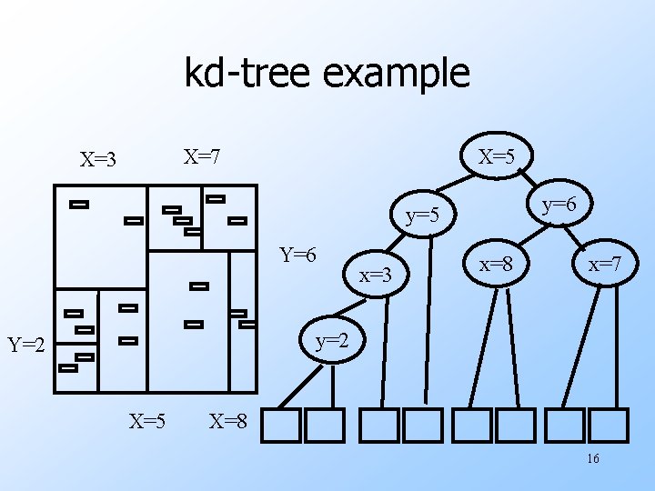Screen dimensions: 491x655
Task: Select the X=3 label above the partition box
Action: tap(98, 161)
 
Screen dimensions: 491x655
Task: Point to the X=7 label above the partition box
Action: tap(202, 156)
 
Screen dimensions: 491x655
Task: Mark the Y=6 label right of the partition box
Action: tap(297, 254)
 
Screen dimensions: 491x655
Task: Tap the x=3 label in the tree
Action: tap(375, 274)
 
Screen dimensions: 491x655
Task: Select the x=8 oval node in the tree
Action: tap(497, 265)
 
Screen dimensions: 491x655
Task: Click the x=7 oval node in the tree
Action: tap(604, 266)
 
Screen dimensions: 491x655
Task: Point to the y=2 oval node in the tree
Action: tap(332, 342)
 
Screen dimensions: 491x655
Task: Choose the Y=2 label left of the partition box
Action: tap(26, 345)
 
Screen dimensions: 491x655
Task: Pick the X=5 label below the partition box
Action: tap(146, 421)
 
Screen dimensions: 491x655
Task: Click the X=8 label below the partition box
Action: tap(228, 421)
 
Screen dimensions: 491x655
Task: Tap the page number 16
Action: tap(592, 459)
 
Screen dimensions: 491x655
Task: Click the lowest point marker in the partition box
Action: tap(68, 368)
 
